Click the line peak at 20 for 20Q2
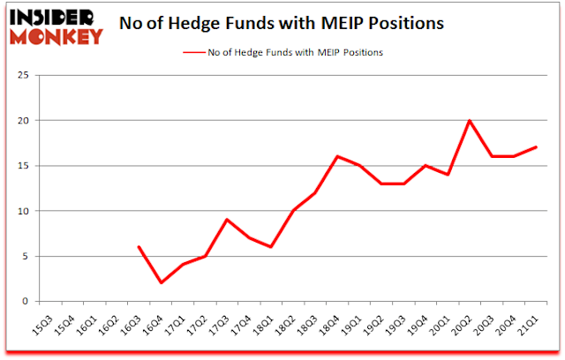pyautogui.click(x=469, y=120)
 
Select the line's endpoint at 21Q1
pyautogui.click(x=536, y=147)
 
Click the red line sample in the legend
pyautogui.click(x=196, y=54)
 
